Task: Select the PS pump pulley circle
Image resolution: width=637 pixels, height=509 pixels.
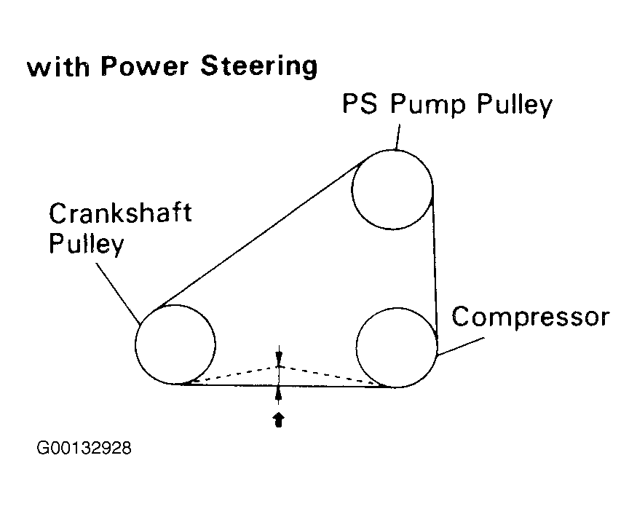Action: point(392,189)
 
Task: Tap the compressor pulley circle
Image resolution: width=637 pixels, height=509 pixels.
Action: point(397,347)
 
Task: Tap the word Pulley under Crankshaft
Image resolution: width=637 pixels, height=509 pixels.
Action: point(86,245)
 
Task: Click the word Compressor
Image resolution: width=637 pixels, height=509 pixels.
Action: point(530,317)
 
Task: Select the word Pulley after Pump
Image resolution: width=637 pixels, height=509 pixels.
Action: point(514,106)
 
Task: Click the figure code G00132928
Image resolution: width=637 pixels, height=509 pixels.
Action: point(84,448)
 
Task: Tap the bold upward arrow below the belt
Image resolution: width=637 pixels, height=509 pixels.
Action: point(277,419)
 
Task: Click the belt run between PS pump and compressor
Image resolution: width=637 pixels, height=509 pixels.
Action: point(435,262)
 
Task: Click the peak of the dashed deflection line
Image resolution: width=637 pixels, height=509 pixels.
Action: point(277,366)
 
